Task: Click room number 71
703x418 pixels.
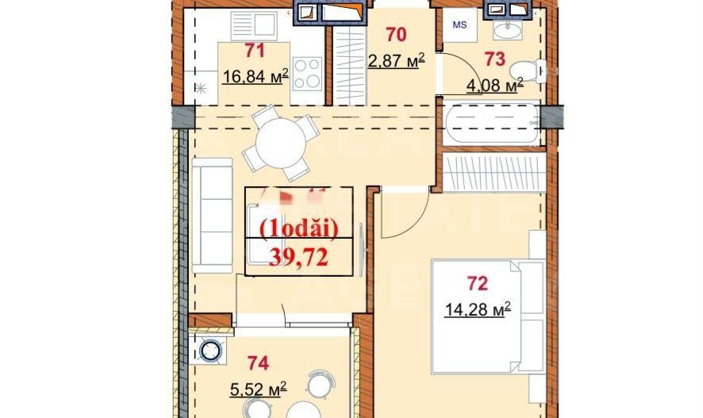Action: [254, 52]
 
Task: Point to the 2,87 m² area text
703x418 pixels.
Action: [396, 60]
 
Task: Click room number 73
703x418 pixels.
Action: [495, 59]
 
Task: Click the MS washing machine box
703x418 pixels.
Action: [459, 25]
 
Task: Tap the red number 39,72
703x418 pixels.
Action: [298, 255]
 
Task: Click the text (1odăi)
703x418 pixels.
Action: [299, 228]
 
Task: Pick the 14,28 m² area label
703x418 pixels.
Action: [477, 308]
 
